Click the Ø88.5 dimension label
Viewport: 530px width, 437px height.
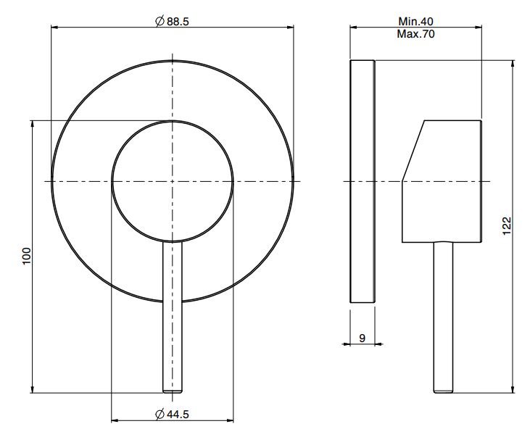coord(173,21)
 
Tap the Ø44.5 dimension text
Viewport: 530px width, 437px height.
coord(173,414)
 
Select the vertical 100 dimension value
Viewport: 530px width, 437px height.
coord(26,257)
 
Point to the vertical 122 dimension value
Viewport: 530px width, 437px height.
coord(508,226)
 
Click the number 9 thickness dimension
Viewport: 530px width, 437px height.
coord(362,338)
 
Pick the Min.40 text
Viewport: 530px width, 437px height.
coord(415,21)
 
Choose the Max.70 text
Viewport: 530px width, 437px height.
coord(415,34)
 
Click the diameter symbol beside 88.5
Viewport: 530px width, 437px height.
coord(160,21)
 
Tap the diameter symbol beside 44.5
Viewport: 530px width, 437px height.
coord(160,414)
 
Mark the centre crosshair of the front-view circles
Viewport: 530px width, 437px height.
coord(173,181)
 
